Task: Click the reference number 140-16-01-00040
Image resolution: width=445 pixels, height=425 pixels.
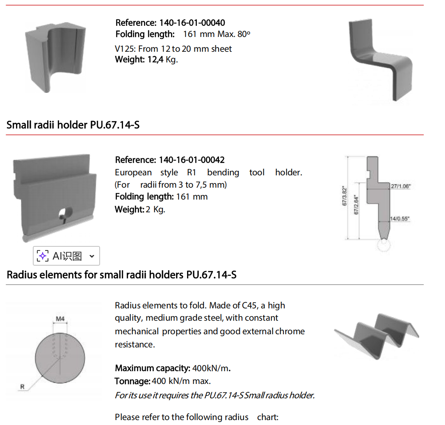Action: [192, 23]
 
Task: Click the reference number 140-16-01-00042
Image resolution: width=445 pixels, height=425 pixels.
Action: [192, 160]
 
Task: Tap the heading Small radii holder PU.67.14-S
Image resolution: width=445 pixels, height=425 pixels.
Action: [73, 125]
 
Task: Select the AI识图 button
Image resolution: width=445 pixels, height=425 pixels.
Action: [66, 256]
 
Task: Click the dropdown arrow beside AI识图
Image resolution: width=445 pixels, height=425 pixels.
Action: [92, 256]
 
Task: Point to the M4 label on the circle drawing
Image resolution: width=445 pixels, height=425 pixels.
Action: [60, 319]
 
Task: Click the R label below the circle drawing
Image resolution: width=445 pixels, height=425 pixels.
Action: [23, 387]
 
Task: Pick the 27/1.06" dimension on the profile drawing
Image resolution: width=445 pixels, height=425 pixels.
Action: [401, 186]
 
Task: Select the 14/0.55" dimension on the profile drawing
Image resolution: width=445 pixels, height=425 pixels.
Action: [400, 218]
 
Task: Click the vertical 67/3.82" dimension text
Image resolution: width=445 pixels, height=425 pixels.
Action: [345, 196]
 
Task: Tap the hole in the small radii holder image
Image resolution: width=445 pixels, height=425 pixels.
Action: [65, 213]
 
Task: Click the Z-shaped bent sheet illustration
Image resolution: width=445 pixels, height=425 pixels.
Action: [380, 60]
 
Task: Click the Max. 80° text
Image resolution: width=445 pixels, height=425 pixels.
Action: [234, 34]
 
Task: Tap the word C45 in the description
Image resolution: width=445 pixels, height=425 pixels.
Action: [249, 306]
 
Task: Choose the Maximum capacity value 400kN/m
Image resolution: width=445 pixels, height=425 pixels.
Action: [212, 368]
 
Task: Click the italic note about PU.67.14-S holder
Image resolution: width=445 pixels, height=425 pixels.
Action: [215, 395]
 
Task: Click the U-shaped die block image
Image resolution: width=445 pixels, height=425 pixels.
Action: [56, 57]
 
